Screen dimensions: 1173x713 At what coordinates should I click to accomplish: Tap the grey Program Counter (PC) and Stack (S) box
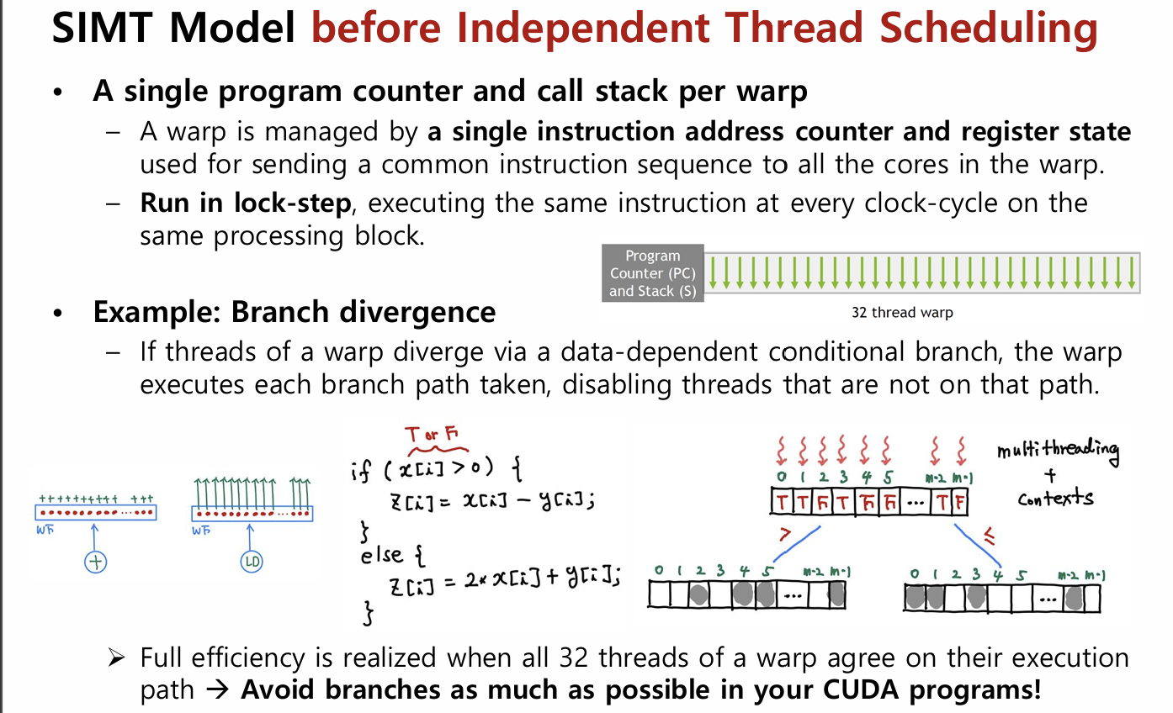pos(652,273)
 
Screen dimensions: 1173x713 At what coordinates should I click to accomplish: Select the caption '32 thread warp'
pos(902,313)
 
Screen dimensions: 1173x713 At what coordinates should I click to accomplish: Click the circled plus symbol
pos(96,562)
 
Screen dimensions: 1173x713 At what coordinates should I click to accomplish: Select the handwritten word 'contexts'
pos(1055,498)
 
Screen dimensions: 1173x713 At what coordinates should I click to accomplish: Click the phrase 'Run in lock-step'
pos(244,203)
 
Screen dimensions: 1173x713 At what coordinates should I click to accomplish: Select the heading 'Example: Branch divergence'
pos(294,312)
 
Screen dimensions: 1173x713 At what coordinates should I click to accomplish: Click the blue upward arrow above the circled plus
pos(95,535)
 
